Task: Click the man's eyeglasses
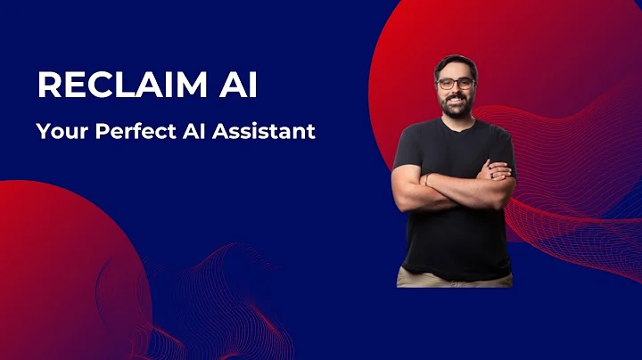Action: tap(456, 84)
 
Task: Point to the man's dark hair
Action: tap(456, 64)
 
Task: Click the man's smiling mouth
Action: tap(456, 101)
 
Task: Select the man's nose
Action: tap(456, 91)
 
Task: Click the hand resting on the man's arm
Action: tap(499, 169)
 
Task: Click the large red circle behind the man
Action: tap(571, 80)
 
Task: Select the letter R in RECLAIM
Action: tap(47, 86)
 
